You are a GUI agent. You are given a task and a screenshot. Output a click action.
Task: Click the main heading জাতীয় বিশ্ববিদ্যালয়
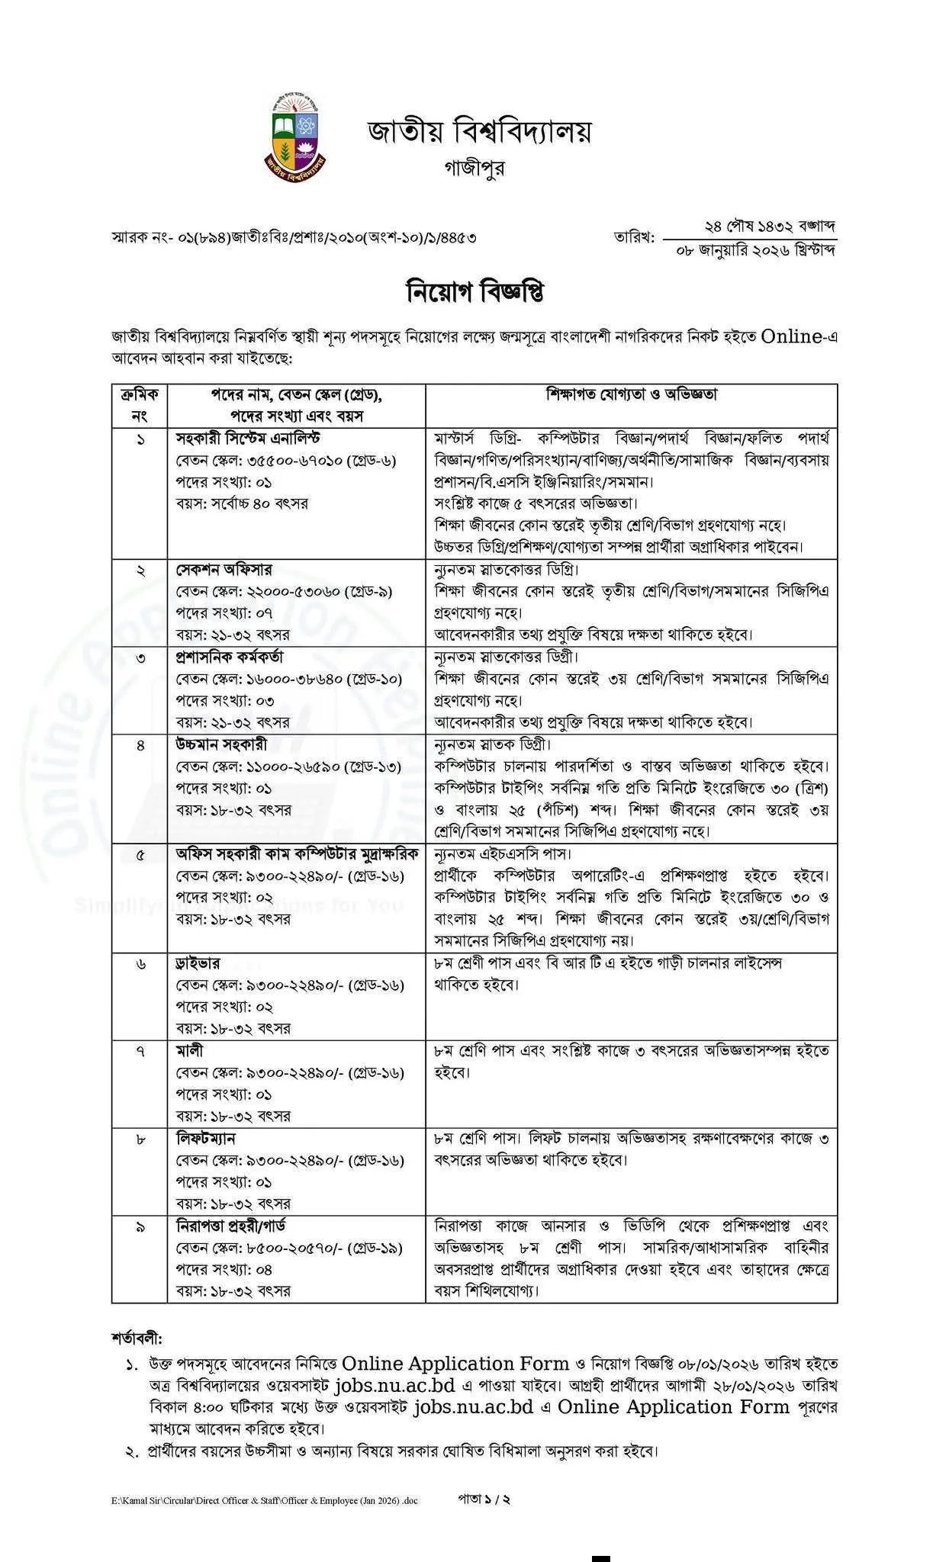pyautogui.click(x=479, y=132)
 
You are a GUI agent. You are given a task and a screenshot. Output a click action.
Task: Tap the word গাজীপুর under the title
pyautogui.click(x=474, y=168)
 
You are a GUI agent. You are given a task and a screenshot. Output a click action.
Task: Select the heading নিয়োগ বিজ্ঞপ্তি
pyautogui.click(x=474, y=293)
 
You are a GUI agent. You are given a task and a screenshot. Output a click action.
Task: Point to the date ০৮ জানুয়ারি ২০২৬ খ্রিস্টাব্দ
pyautogui.click(x=756, y=250)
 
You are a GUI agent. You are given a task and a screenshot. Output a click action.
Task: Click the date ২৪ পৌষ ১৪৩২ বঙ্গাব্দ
pyautogui.click(x=770, y=227)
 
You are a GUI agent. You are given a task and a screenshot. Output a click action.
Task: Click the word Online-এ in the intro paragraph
pyautogui.click(x=799, y=336)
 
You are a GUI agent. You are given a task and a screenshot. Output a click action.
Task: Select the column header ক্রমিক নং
pyautogui.click(x=140, y=405)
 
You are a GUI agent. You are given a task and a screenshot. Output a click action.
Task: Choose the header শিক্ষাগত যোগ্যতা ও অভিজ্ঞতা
pyautogui.click(x=631, y=394)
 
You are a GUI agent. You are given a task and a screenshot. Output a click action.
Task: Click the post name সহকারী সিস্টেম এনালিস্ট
pyautogui.click(x=248, y=439)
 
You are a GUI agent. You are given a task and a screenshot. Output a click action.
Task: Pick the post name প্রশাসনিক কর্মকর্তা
pyautogui.click(x=230, y=657)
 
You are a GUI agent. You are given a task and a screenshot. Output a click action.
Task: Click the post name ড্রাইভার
pyautogui.click(x=198, y=964)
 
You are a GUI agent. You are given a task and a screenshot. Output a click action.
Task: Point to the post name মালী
pyautogui.click(x=190, y=1051)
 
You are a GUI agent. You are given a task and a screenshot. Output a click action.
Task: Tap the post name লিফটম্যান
pyautogui.click(x=206, y=1139)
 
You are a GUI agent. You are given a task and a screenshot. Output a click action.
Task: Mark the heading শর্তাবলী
pyautogui.click(x=137, y=1339)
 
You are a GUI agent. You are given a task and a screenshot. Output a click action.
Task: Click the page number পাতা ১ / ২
pyautogui.click(x=484, y=1499)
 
